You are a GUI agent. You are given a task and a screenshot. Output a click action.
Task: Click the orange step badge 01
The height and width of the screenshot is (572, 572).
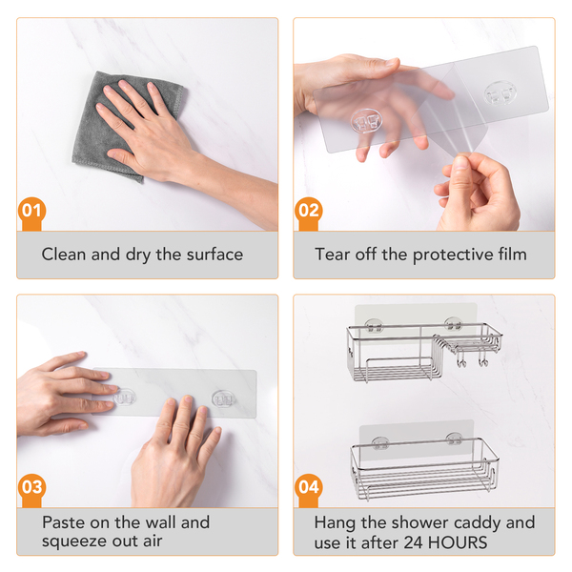pos(31,212)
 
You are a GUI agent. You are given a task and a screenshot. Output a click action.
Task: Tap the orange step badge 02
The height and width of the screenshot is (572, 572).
pos(309,212)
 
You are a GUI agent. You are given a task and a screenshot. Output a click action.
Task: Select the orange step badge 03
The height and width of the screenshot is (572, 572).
pos(31,488)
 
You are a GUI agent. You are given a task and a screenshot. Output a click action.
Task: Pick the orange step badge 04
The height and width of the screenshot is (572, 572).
pos(309,488)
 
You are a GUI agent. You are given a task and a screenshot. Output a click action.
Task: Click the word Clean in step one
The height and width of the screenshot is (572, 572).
pos(64,255)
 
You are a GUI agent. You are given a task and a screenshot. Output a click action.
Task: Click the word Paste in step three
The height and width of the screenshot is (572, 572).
pos(64,522)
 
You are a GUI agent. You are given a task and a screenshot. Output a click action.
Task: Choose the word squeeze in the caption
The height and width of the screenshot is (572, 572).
pos(74,541)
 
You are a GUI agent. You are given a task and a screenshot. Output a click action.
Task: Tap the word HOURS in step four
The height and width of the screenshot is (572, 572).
pos(458,542)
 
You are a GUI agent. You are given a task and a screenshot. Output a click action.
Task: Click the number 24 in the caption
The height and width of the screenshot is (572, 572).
pos(413,542)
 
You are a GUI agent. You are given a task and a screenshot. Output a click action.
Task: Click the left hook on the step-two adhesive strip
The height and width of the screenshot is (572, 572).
pos(366,121)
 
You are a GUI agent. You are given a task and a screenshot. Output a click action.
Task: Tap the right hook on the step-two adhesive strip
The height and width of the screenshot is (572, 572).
pos(500,93)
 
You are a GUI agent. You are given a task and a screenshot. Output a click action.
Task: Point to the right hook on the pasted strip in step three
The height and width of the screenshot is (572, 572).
pos(223,398)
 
